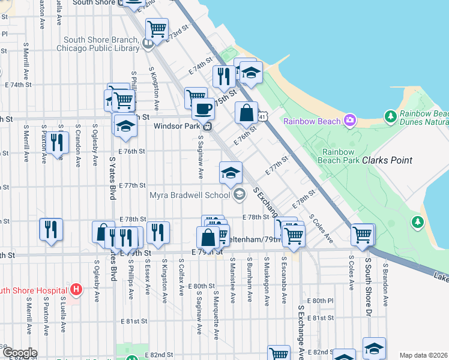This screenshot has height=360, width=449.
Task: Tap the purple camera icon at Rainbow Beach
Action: (350, 120)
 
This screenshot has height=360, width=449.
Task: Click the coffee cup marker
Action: (203, 109)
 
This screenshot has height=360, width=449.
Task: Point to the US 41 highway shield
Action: (263, 115)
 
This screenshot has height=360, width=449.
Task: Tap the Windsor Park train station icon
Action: (207, 126)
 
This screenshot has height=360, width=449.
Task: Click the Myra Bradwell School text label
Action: (190, 194)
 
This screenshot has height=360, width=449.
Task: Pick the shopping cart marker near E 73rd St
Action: (157, 28)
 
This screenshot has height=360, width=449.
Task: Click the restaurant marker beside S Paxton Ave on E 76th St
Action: (56, 143)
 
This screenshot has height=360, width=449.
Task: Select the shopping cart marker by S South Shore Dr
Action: (363, 234)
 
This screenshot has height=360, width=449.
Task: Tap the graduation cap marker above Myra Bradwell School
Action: (231, 173)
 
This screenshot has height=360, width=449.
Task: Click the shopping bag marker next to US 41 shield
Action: (246, 112)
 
